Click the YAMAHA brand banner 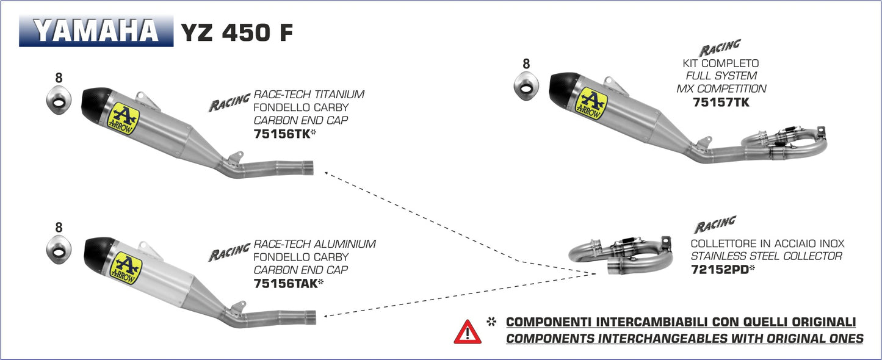pyautogui.click(x=96, y=32)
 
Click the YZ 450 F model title pyautogui.click(x=236, y=34)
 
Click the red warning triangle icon pyautogui.click(x=467, y=332)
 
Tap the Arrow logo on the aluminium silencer pyautogui.click(x=126, y=267)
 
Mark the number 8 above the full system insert pyautogui.click(x=526, y=63)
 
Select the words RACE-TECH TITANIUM pyautogui.click(x=309, y=95)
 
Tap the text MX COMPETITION pyautogui.click(x=721, y=89)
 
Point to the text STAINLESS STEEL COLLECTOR pyautogui.click(x=766, y=256)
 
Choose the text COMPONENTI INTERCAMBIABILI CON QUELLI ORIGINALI pyautogui.click(x=681, y=322)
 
